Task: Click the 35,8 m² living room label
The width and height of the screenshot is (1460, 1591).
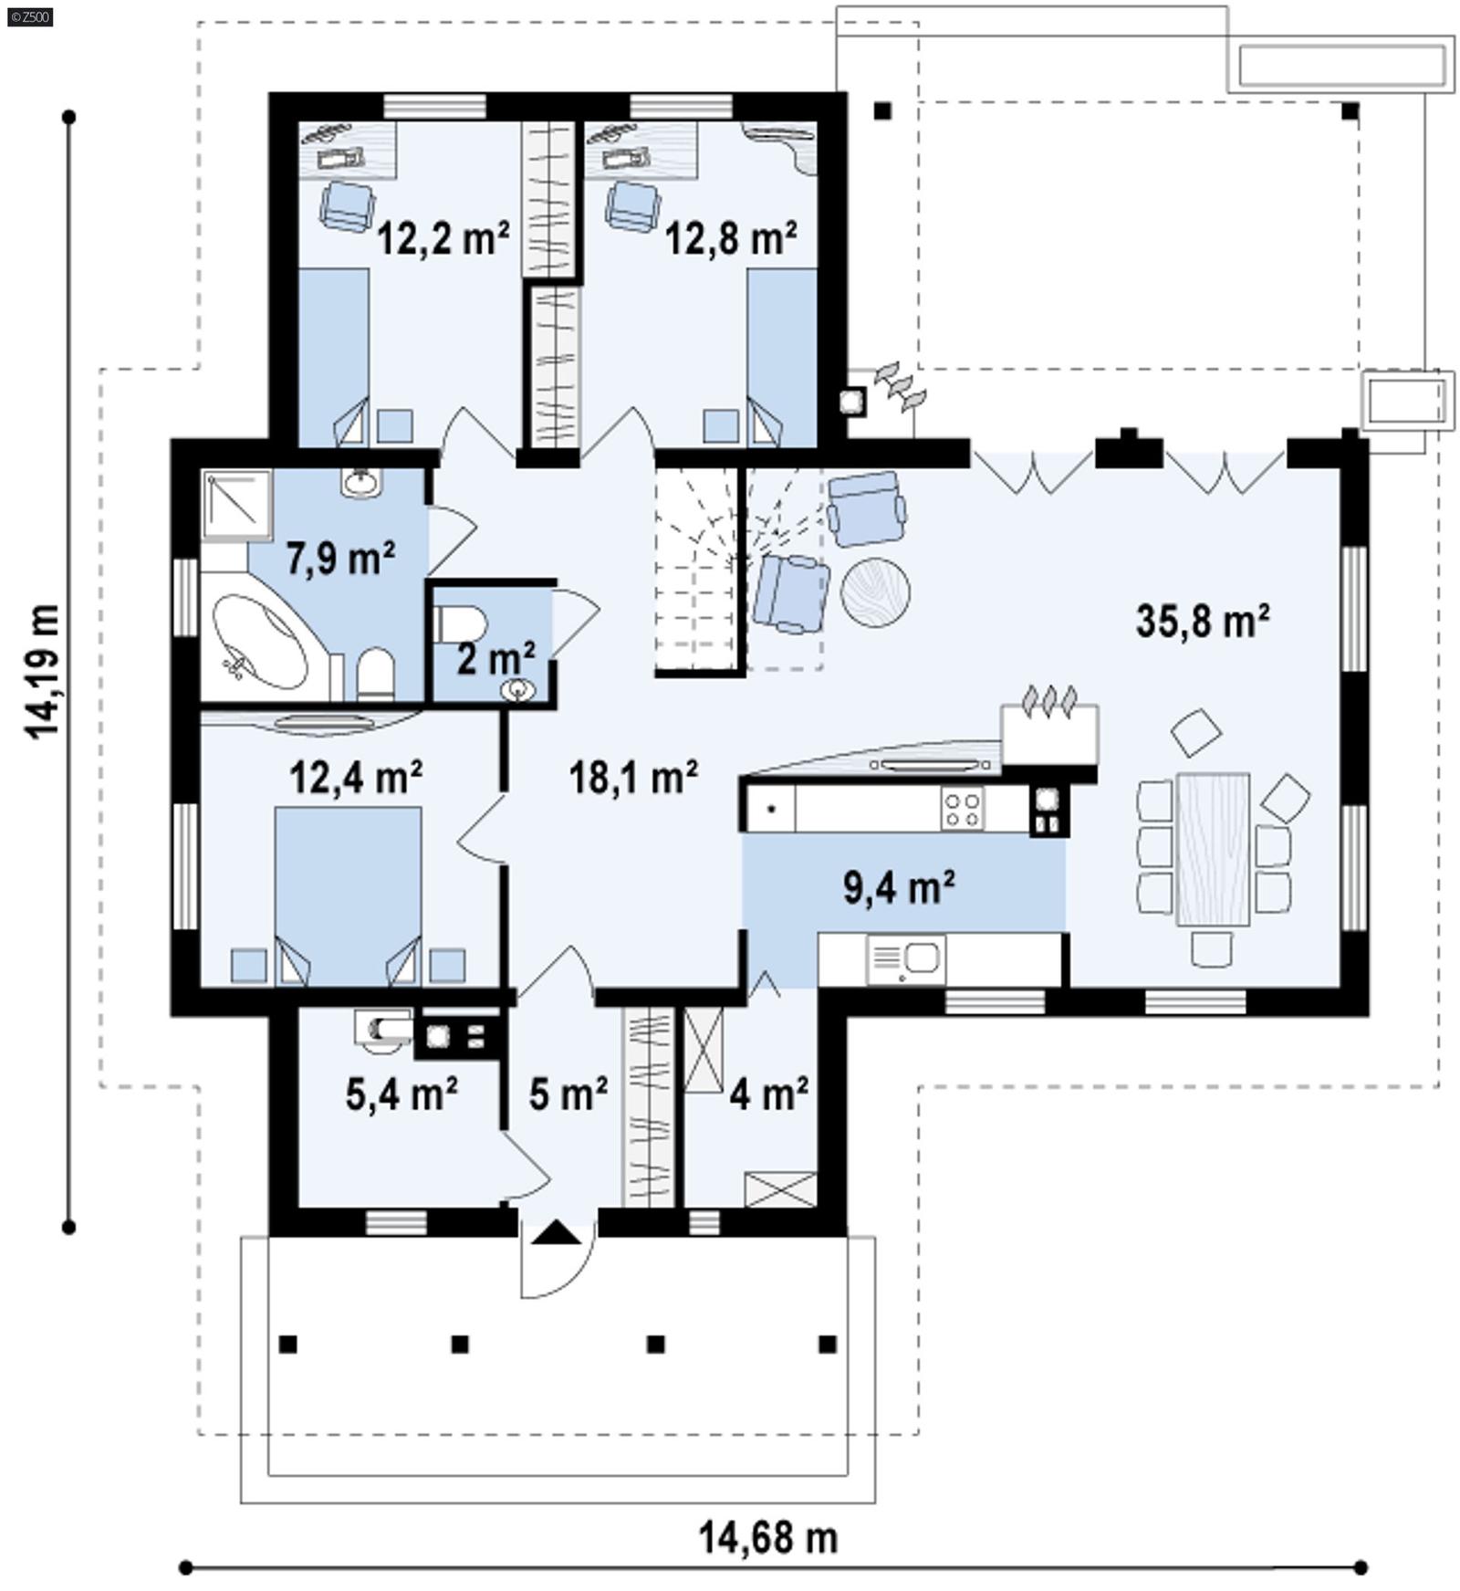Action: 1202,622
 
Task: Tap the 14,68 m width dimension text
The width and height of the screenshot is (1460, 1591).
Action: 767,1537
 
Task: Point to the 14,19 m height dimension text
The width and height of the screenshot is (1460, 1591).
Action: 43,671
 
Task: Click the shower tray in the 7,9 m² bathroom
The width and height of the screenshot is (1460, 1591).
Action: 236,505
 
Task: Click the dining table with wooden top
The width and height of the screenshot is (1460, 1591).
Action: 1213,849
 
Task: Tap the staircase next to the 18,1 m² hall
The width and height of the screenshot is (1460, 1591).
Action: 696,570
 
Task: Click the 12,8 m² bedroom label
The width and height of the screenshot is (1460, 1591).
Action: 730,239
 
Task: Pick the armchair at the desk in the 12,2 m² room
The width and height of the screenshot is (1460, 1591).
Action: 347,205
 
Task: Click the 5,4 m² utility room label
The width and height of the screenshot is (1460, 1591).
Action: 401,1093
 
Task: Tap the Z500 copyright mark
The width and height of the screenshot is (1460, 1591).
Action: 29,16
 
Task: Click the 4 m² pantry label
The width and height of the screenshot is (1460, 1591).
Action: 768,1093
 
